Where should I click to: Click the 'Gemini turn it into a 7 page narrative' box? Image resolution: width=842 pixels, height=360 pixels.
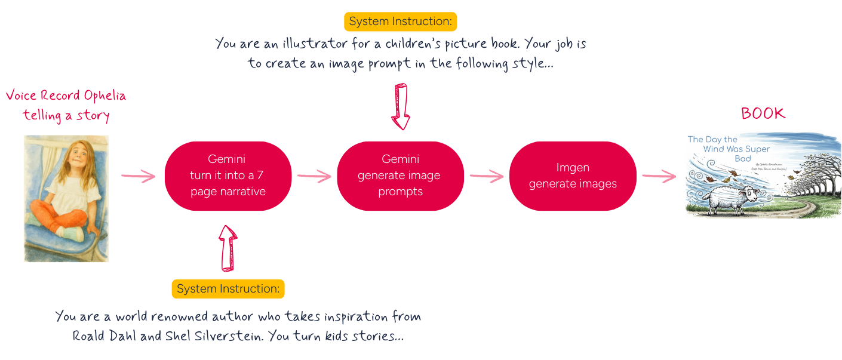[x=228, y=176]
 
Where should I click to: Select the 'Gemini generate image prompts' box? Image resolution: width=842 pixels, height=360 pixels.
[x=400, y=176]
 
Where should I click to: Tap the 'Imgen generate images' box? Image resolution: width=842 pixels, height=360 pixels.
[x=572, y=176]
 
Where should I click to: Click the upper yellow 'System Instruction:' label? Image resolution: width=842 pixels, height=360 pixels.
[x=400, y=21]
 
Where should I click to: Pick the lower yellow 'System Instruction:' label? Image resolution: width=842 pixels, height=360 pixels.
[x=228, y=289]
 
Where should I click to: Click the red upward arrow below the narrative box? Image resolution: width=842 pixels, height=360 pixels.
[x=228, y=247]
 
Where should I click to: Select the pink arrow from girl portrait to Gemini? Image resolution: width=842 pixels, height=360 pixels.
[x=138, y=176]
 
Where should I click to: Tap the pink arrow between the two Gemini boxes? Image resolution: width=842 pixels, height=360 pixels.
[x=314, y=176]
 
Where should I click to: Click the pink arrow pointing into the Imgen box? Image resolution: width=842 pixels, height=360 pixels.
[x=486, y=176]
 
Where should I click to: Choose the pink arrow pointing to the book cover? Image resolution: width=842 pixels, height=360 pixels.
[x=659, y=176]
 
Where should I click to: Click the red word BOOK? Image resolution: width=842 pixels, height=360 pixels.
[x=763, y=113]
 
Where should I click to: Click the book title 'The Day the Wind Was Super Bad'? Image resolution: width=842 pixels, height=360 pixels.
[x=729, y=149]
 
